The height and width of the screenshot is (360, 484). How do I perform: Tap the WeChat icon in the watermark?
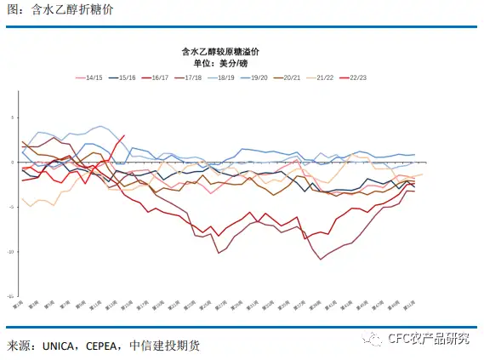tap(375, 340)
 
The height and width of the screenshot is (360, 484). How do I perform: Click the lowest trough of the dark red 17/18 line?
tap(322, 259)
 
